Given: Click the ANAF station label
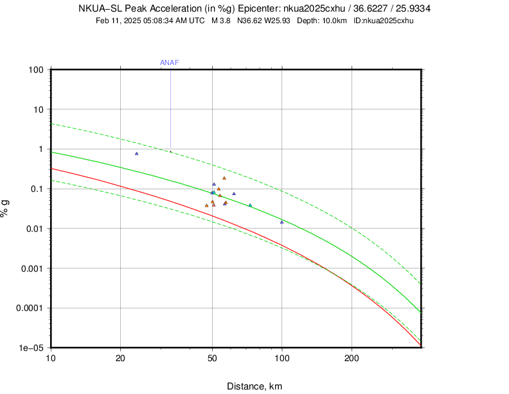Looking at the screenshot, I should tap(169, 62).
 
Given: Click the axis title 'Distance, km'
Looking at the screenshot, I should tap(254, 386).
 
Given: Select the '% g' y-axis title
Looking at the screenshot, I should tap(6, 208).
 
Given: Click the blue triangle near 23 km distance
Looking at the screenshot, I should tap(136, 153).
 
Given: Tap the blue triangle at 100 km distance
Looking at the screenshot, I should tap(281, 222).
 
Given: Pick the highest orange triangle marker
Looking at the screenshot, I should tap(224, 178).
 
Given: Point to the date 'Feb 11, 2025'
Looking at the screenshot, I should tap(118, 21).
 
